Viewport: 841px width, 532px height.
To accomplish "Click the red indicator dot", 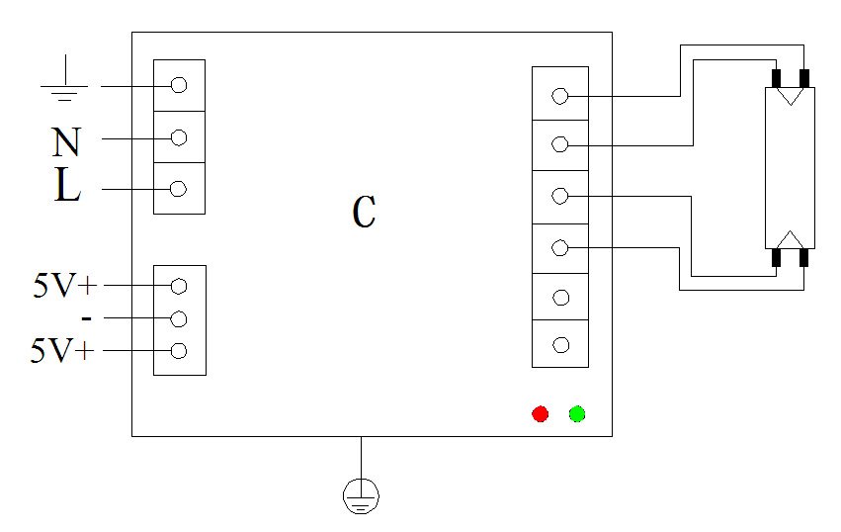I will [x=540, y=413].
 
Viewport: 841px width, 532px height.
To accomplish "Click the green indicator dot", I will [x=577, y=413].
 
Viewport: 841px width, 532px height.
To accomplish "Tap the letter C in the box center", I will [x=364, y=212].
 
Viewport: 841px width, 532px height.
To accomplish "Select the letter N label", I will [x=65, y=142].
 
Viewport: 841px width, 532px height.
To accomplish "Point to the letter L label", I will [x=66, y=187].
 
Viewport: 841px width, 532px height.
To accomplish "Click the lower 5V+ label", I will [x=63, y=351].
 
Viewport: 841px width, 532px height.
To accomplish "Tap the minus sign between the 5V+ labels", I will [x=87, y=318].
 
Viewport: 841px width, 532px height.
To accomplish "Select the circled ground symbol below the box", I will [x=361, y=495].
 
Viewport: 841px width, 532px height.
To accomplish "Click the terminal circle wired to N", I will [x=179, y=137].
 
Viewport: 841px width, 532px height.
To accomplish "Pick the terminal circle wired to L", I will [x=179, y=189].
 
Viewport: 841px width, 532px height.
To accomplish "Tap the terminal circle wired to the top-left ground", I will [x=179, y=85].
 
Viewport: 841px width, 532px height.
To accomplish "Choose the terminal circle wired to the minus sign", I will [x=179, y=318].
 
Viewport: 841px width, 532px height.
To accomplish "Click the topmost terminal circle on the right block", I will [x=560, y=96].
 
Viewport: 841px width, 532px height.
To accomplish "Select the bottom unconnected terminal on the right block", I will [x=560, y=345].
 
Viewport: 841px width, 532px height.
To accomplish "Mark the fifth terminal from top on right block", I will [x=560, y=297].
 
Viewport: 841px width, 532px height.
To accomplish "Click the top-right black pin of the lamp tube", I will [x=804, y=78].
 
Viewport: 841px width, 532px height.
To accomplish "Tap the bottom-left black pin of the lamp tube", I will [x=777, y=258].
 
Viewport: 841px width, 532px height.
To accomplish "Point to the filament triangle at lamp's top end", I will [x=791, y=97].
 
